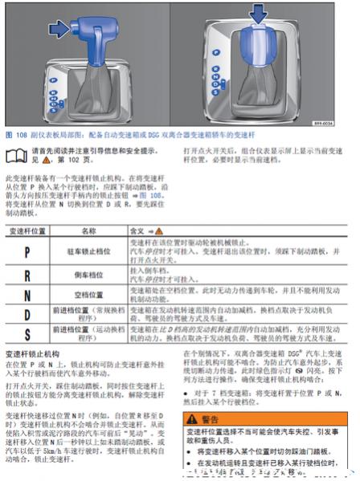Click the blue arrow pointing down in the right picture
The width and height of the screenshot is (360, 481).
pyautogui.click(x=256, y=14)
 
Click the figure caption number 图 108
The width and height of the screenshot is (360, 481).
pyautogui.click(x=15, y=136)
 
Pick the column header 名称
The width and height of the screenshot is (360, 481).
pyautogui.click(x=88, y=230)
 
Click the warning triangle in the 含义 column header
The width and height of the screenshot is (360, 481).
pyautogui.click(x=157, y=230)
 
